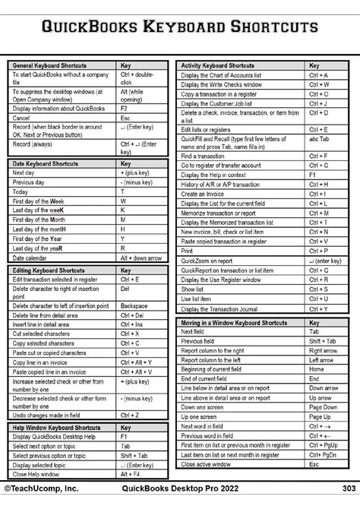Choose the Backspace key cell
[x=135, y=305]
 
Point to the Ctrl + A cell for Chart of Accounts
[x=319, y=75]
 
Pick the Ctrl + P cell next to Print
[x=319, y=250]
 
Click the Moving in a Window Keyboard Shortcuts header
[x=233, y=323]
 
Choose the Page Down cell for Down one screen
[x=323, y=406]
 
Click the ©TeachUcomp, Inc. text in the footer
[x=42, y=488]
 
